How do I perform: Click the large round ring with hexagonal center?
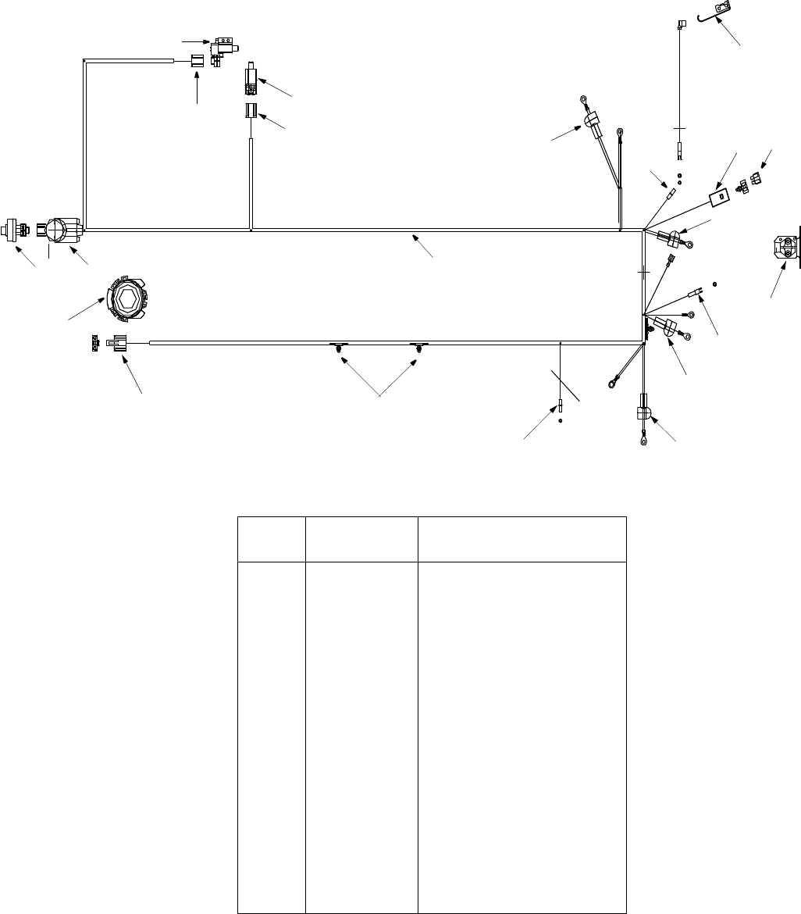tap(126, 297)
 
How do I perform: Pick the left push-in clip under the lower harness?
tap(339, 348)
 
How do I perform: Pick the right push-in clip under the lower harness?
tap(420, 348)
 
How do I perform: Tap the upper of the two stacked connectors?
tap(252, 79)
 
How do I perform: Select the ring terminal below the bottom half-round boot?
tap(644, 441)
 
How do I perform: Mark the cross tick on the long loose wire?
tap(679, 127)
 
